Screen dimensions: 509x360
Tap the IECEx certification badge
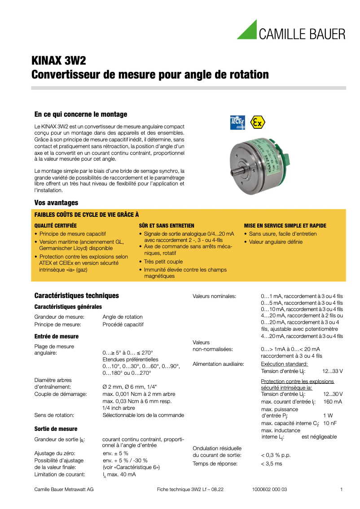237,122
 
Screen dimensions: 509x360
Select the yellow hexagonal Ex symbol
258,122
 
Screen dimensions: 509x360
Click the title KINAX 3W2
58,61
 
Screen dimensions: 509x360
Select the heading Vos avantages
56,203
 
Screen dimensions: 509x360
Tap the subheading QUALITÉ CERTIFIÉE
56,226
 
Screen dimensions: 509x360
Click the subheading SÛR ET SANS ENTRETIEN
167,226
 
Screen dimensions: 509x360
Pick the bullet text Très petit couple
163,261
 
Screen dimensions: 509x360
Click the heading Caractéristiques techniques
77,295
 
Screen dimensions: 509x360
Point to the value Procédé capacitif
123,324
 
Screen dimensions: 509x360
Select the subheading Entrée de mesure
57,336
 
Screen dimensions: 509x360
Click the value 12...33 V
333,371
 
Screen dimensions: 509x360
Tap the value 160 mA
333,401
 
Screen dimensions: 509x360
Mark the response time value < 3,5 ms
272,464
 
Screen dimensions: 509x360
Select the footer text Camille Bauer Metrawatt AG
64,489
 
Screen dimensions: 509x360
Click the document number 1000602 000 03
267,489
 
